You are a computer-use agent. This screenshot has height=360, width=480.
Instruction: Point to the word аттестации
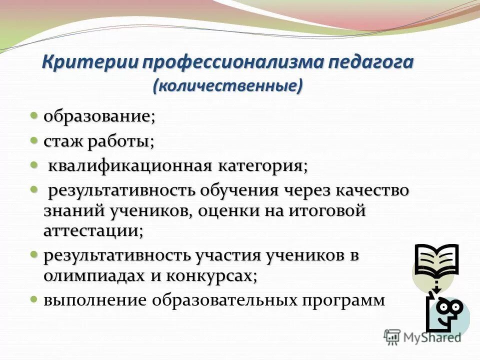pyautogui.click(x=92, y=230)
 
